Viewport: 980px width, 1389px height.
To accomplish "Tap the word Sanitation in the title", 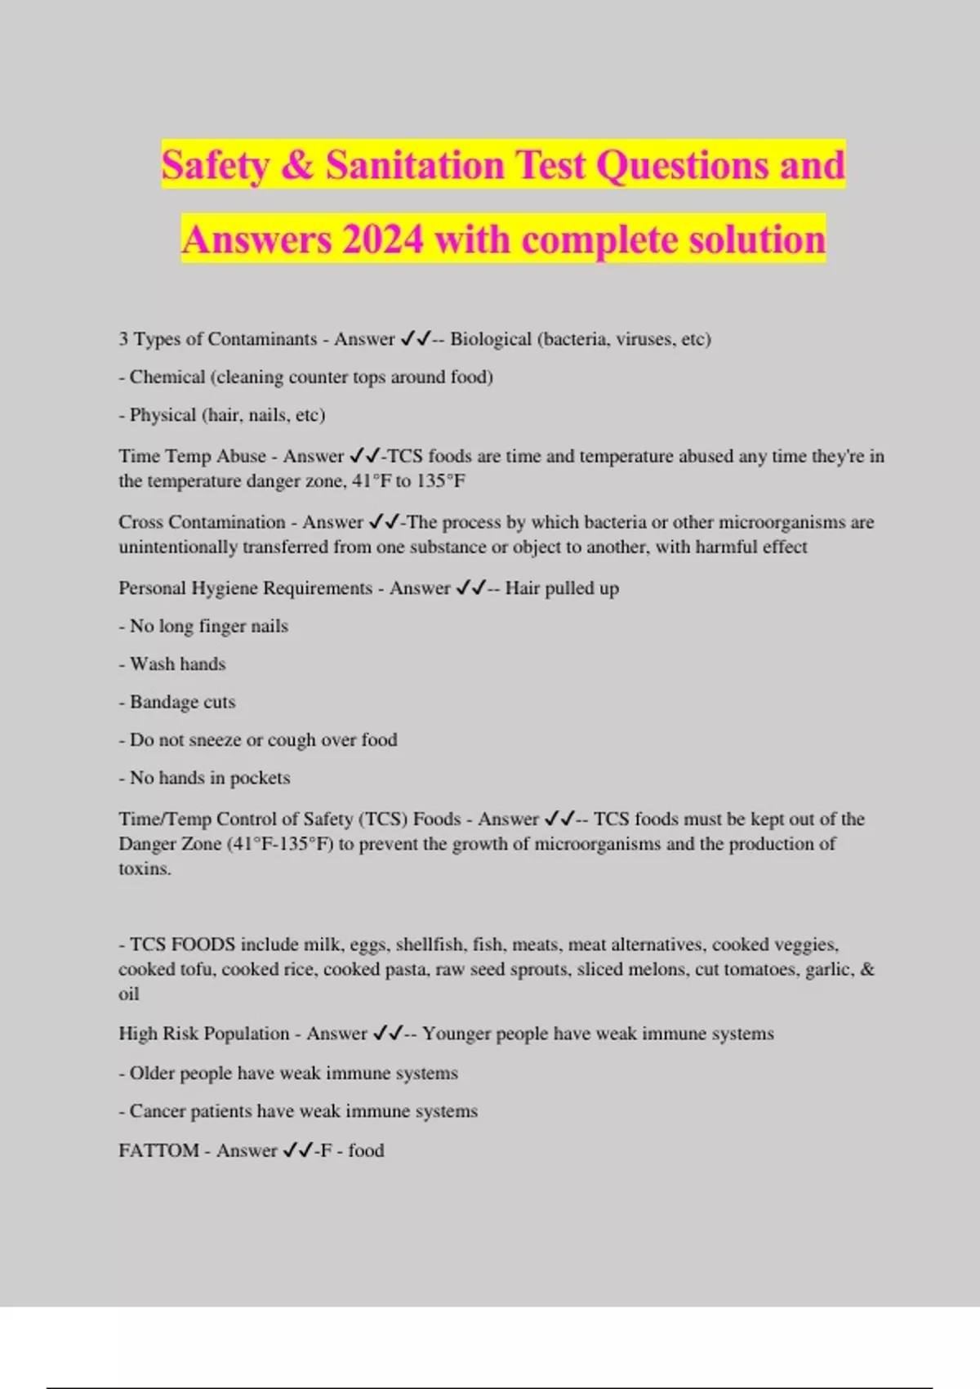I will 415,165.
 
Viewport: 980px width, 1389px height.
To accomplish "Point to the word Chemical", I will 167,377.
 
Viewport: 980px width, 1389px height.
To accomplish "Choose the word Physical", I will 163,415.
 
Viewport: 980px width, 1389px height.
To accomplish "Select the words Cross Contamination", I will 202,522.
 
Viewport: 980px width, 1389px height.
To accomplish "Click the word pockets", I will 260,778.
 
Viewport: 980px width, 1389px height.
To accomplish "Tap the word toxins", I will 145,869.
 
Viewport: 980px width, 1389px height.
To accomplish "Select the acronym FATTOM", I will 158,1150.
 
